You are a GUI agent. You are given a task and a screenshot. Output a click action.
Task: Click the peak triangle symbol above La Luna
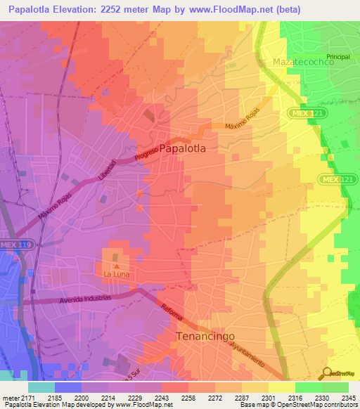[117, 265]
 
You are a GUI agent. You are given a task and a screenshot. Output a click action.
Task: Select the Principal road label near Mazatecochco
[337, 56]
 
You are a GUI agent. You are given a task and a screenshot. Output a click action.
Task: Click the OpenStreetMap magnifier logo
[328, 373]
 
